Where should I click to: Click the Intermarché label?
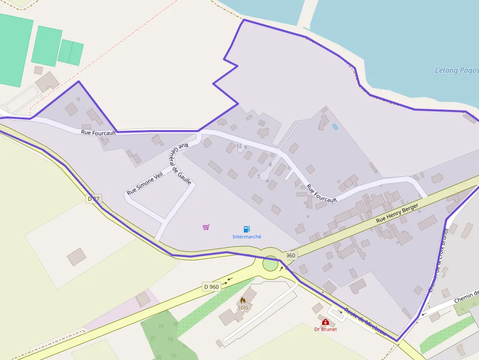pos(247,237)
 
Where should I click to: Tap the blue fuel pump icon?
pos(247,229)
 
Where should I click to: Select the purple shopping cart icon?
pos(206,227)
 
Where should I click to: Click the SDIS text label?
pos(243,308)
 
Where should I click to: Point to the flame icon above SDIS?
pos(243,300)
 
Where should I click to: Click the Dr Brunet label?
pos(326,329)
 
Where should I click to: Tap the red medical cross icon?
pos(326,322)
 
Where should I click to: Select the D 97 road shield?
pos(93,199)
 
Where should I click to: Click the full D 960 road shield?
pos(211,287)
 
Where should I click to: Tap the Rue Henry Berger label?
pos(398,214)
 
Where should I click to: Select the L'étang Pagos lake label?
pos(457,70)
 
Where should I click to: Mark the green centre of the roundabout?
pos(270,264)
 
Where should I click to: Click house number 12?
pos(239,146)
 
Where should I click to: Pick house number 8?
pos(270,165)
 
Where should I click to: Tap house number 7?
pos(258,177)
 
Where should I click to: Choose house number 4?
pos(267,181)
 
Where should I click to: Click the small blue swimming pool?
pos(335,127)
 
